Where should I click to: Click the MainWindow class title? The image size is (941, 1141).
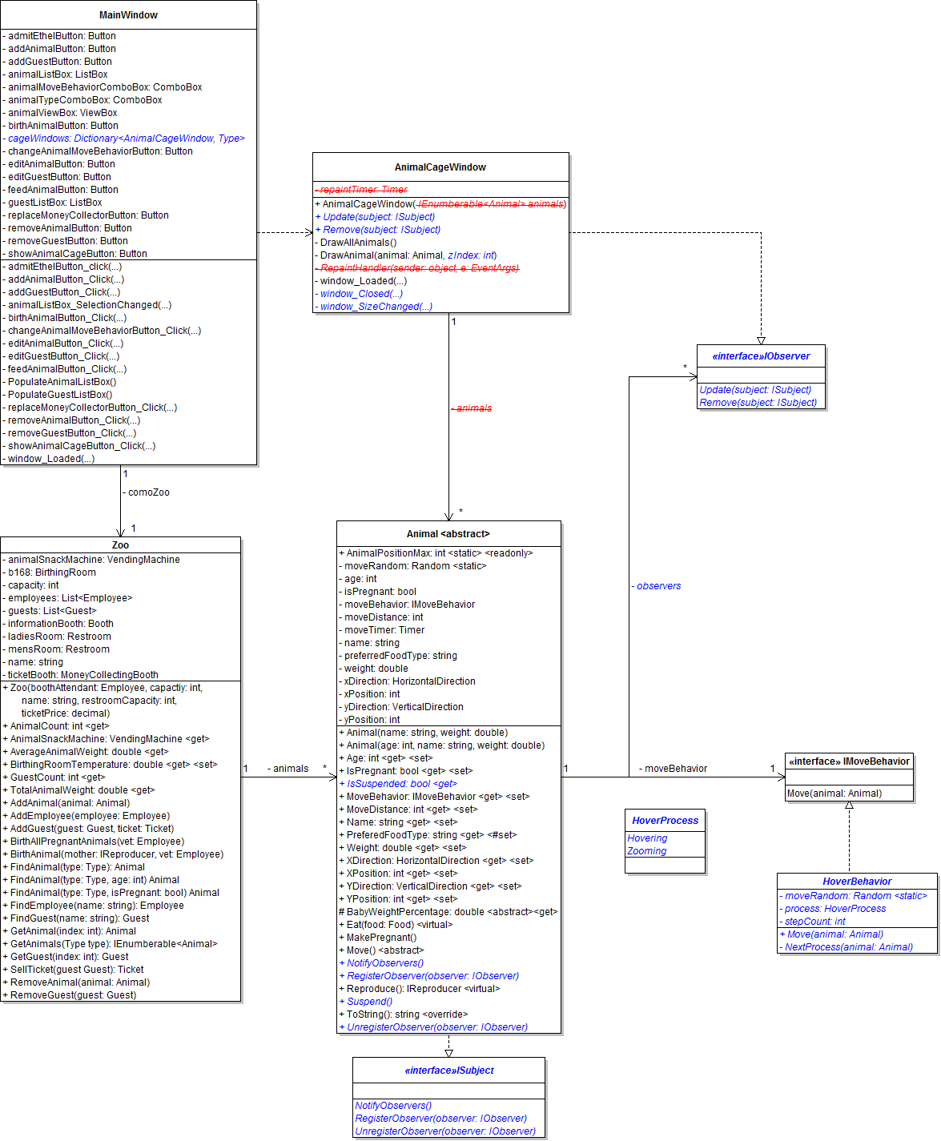tap(128, 15)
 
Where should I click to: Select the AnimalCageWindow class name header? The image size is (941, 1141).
tap(440, 167)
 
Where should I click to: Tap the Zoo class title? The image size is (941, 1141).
tap(120, 545)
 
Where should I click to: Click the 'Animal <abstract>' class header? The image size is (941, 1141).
tap(448, 534)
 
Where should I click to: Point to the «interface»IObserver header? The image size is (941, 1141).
tap(761, 356)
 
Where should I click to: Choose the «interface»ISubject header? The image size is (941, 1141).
tap(448, 1071)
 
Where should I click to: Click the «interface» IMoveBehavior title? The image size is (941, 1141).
tap(849, 761)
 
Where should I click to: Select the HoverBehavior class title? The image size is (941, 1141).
tap(857, 882)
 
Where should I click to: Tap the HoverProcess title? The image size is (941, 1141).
tap(665, 821)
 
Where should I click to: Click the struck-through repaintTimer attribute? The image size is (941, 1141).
tap(362, 190)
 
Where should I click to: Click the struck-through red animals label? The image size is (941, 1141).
tap(473, 408)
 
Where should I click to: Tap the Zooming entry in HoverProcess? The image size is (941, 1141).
tap(647, 851)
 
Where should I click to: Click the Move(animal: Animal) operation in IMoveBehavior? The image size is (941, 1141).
tap(834, 793)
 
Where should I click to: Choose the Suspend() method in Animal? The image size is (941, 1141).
tap(369, 1002)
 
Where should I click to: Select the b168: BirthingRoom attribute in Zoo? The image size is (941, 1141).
tap(53, 573)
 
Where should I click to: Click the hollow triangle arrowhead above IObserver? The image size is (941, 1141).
tap(761, 340)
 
